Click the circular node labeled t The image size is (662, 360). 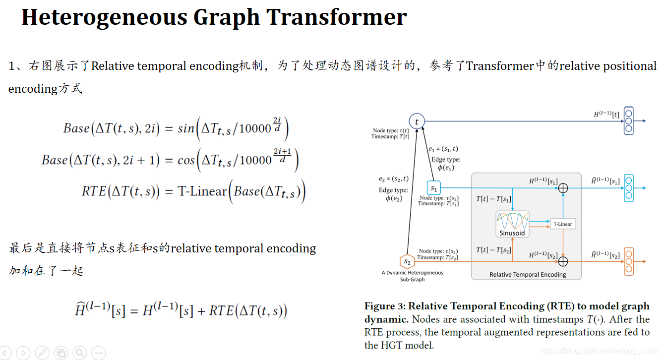click(417, 121)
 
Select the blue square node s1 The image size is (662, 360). click(434, 188)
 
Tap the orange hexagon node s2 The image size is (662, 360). click(407, 261)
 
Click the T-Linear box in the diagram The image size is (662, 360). click(563, 224)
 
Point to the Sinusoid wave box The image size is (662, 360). click(512, 224)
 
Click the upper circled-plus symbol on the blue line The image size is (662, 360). click(563, 188)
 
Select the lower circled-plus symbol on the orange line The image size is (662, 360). click(563, 260)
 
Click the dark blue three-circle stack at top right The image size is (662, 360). click(629, 121)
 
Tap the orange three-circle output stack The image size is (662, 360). click(629, 261)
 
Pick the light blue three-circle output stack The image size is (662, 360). click(629, 188)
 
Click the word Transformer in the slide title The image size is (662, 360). click(337, 17)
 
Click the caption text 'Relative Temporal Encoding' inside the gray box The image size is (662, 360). click(528, 274)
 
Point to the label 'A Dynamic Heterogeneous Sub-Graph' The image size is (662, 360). click(412, 276)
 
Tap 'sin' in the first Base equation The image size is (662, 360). click(186, 128)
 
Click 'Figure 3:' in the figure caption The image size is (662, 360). click(384, 306)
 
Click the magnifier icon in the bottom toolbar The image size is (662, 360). click(79, 353)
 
